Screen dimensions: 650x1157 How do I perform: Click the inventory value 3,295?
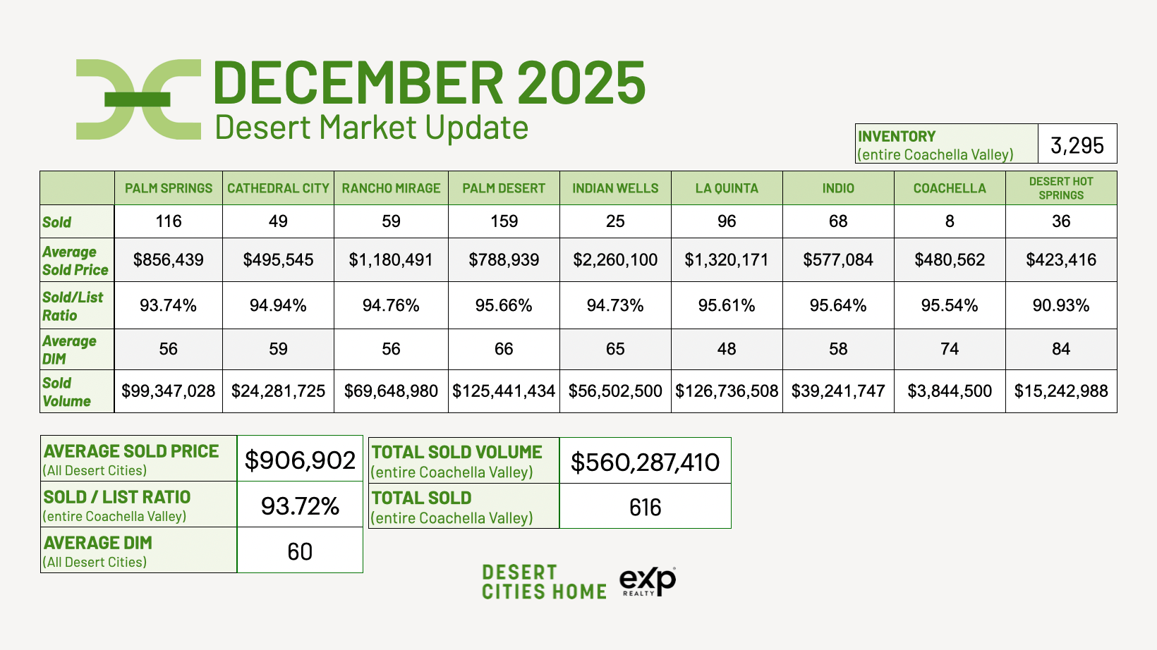pyautogui.click(x=1077, y=145)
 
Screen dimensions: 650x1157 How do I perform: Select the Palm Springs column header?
pyautogui.click(x=169, y=188)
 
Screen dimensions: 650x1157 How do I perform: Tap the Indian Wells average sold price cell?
pyautogui.click(x=615, y=259)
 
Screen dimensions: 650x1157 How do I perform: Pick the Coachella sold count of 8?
pyautogui.click(x=950, y=221)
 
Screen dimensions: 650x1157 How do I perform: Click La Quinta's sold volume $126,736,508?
pyautogui.click(x=727, y=391)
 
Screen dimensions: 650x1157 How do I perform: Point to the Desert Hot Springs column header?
pyautogui.click(x=1061, y=188)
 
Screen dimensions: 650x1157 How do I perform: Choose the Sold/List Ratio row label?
pyautogui.click(x=73, y=306)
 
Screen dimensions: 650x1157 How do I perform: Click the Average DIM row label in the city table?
pyautogui.click(x=69, y=350)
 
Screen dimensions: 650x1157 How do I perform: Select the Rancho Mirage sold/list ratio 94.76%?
pyautogui.click(x=391, y=305)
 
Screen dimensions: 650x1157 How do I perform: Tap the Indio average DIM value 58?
pyautogui.click(x=838, y=349)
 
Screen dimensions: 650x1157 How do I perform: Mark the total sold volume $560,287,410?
pyautogui.click(x=645, y=462)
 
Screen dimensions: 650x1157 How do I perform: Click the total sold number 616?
pyautogui.click(x=645, y=508)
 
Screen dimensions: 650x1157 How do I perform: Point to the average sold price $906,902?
pyautogui.click(x=300, y=460)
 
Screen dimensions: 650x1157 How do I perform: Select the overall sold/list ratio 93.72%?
pyautogui.click(x=300, y=505)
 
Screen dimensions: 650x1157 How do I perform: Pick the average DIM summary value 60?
pyautogui.click(x=300, y=551)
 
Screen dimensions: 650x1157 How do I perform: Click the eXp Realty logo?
pyautogui.click(x=648, y=582)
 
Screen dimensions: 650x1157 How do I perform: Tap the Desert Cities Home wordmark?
pyautogui.click(x=544, y=582)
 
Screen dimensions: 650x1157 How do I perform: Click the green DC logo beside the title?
pyautogui.click(x=138, y=99)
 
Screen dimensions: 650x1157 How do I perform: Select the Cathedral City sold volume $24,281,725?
pyautogui.click(x=278, y=391)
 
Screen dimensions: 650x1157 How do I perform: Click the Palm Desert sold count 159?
pyautogui.click(x=504, y=221)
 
